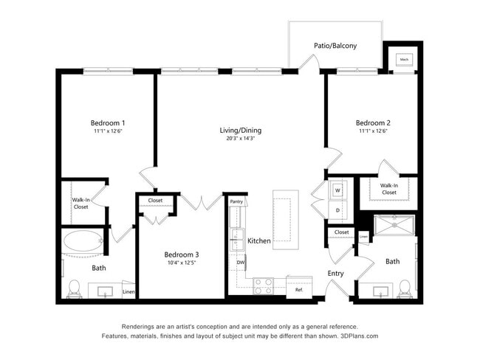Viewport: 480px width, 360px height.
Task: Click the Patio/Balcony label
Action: click(335, 46)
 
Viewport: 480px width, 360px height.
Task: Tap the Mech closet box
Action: click(404, 60)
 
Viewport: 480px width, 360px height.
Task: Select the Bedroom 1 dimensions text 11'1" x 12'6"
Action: click(108, 131)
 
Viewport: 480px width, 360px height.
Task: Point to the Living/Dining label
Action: click(240, 131)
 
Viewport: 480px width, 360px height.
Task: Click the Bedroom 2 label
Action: click(373, 122)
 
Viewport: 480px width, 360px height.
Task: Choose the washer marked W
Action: click(337, 190)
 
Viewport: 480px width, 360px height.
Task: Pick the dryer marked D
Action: click(337, 210)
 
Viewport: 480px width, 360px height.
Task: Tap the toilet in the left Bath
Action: click(74, 288)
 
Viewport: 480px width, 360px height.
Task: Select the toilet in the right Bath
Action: click(404, 287)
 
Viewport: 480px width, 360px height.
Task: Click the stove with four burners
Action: click(264, 286)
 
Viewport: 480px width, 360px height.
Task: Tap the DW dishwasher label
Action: click(240, 262)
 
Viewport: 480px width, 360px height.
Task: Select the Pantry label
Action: click(236, 201)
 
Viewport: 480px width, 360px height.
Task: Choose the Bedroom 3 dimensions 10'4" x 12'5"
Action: click(181, 263)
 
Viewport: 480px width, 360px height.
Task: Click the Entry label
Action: click(336, 274)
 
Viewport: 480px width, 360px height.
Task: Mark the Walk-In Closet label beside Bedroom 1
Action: click(80, 203)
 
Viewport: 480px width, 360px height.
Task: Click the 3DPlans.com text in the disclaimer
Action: click(361, 336)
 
